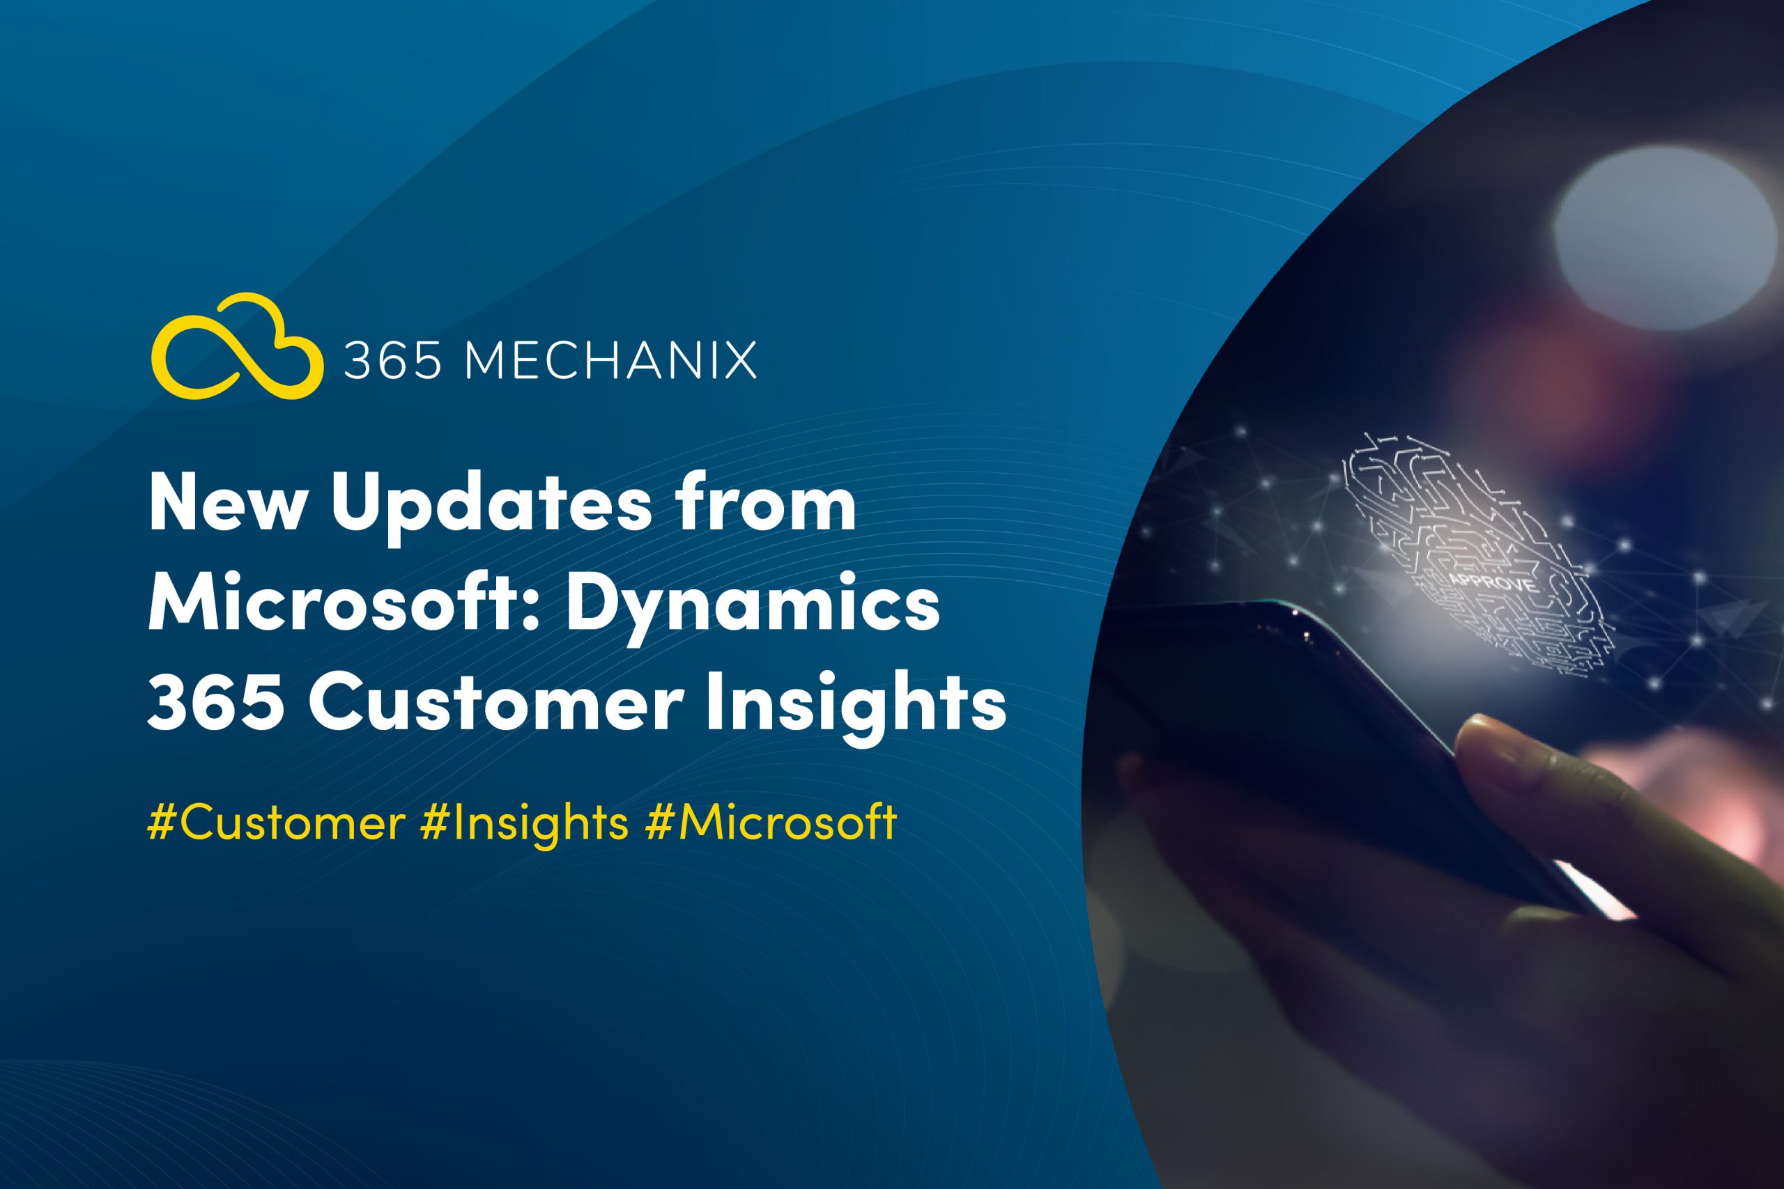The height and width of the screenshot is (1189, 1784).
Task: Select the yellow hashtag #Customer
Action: coord(276,823)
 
